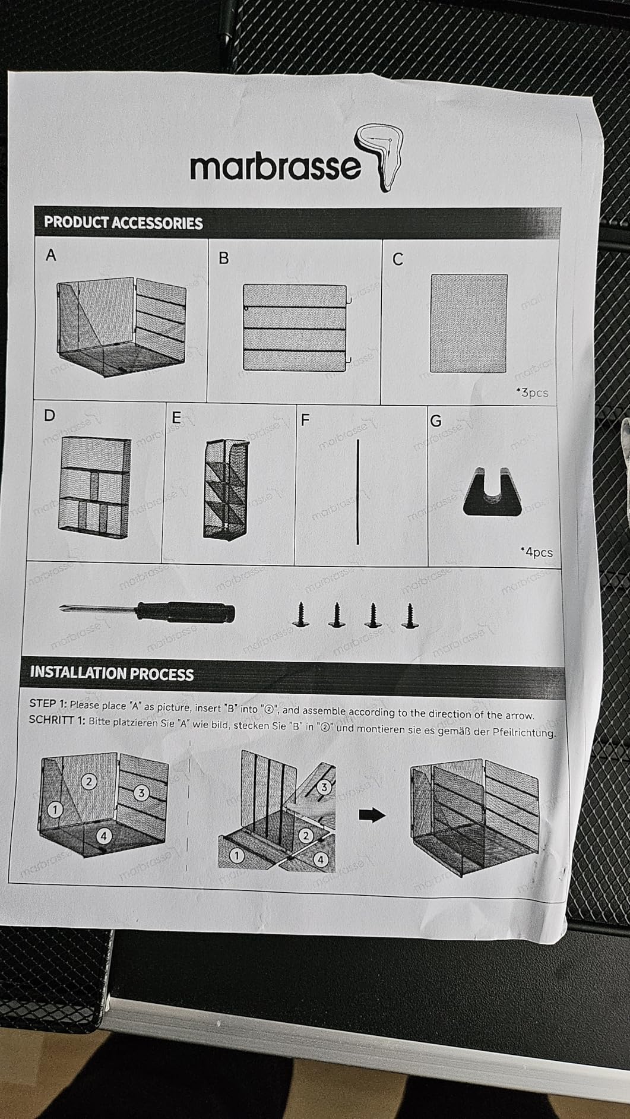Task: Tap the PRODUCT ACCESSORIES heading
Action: pyautogui.click(x=123, y=223)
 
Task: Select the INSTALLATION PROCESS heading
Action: pyautogui.click(x=112, y=673)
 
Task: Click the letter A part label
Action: pyautogui.click(x=51, y=255)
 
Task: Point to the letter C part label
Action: pyautogui.click(x=398, y=260)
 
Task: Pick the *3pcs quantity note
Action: pyautogui.click(x=532, y=392)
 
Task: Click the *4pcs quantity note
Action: pyautogui.click(x=536, y=552)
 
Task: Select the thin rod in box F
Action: pyautogui.click(x=358, y=492)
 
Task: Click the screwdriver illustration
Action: pyautogui.click(x=147, y=611)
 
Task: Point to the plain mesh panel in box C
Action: pyautogui.click(x=468, y=323)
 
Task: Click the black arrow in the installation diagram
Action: pyautogui.click(x=372, y=815)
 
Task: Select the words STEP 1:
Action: pyautogui.click(x=48, y=703)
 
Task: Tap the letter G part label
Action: pyautogui.click(x=435, y=421)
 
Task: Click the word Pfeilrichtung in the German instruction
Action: pyautogui.click(x=523, y=732)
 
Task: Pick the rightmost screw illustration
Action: pyautogui.click(x=408, y=615)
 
